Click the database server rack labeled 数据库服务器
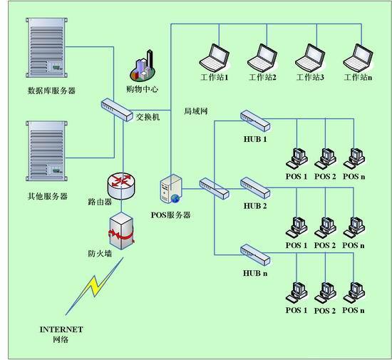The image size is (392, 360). (47, 48)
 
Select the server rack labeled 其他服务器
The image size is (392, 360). (47, 151)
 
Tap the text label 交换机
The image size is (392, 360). (148, 117)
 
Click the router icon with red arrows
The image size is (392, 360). (121, 186)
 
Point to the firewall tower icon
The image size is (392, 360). (122, 231)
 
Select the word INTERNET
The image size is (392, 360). (61, 329)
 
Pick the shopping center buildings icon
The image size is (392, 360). (143, 66)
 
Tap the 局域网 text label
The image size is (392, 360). (196, 111)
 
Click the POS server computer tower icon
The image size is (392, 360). (171, 189)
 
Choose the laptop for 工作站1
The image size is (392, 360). (215, 58)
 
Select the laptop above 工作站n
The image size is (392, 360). (359, 58)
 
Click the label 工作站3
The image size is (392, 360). (310, 77)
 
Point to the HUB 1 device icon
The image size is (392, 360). (255, 120)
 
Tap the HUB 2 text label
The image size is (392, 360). (255, 206)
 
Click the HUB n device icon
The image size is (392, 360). (255, 254)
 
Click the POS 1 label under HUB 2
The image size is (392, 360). (296, 245)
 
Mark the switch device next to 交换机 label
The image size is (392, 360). (117, 110)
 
